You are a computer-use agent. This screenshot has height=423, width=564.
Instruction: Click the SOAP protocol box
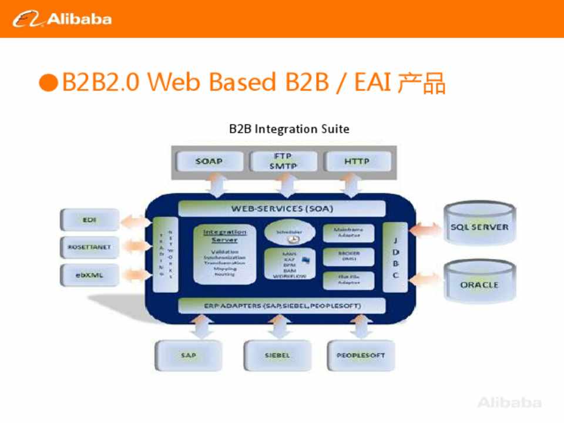pos(209,161)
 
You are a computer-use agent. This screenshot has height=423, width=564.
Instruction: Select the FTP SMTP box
pos(283,161)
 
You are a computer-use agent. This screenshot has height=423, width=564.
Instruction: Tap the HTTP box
pos(357,161)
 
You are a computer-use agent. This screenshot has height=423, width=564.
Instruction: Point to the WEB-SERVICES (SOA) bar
pos(282,209)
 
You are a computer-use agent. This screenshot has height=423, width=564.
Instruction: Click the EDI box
pos(89,220)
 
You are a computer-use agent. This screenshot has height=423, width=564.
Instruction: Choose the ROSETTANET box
pos(89,247)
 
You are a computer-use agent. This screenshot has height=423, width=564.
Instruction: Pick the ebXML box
pos(89,274)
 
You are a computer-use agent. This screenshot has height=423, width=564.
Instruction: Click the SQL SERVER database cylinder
pos(479,226)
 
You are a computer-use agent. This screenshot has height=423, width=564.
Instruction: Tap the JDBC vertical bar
pos(395,257)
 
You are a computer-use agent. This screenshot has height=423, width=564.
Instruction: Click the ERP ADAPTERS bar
pos(282,306)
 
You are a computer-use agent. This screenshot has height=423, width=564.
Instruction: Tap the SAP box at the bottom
pos(189,355)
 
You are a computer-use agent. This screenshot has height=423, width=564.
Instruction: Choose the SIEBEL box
pos(277,355)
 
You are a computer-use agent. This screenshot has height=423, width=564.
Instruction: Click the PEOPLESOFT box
pos(361,355)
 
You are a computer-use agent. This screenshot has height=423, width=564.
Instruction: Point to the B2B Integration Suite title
pos(289,129)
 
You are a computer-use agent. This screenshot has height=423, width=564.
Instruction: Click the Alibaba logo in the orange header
pos(62,19)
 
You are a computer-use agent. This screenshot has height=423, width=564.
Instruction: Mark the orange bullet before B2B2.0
pos(48,83)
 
